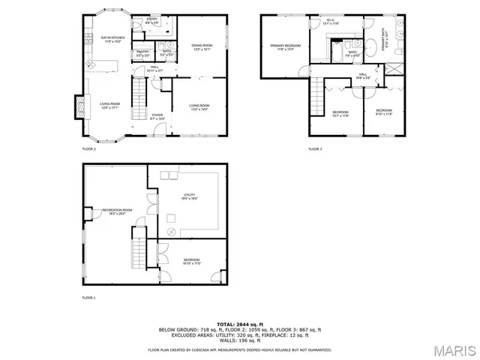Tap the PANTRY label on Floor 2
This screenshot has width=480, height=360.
(142, 54)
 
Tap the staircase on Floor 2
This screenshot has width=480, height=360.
(139, 94)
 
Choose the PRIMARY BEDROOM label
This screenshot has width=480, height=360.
(285, 48)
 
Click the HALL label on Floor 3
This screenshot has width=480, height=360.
(362, 76)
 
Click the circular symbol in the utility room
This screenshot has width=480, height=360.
(172, 232)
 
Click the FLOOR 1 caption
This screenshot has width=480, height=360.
(89, 298)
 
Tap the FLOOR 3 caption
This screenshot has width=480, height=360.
(315, 149)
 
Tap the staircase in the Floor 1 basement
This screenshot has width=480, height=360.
(139, 247)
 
